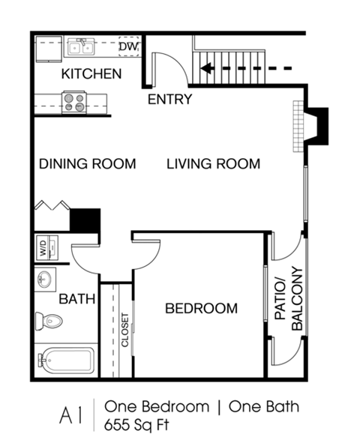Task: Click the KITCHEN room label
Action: [91, 73]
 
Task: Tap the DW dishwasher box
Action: [128, 48]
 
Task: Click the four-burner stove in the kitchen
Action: [73, 101]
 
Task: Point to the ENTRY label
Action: [169, 99]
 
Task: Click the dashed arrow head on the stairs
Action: [205, 70]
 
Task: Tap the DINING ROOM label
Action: [87, 163]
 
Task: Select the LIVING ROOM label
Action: [213, 163]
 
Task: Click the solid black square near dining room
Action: [85, 220]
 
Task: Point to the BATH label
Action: [77, 299]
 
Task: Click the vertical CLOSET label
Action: [125, 330]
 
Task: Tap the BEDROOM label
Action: [201, 308]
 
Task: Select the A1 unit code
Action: [71, 415]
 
